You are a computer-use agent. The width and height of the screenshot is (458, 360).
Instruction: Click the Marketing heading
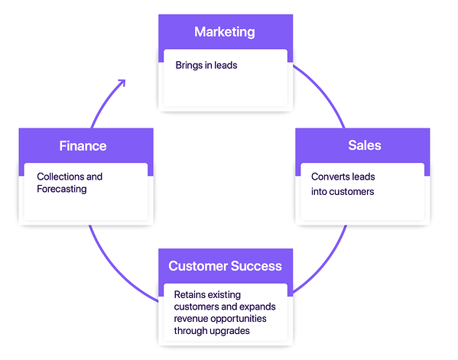click(224, 32)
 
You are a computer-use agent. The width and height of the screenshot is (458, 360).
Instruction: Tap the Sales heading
click(364, 145)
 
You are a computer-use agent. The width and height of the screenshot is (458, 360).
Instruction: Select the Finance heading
click(83, 145)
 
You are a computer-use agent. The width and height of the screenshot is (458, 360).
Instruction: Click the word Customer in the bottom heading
click(197, 266)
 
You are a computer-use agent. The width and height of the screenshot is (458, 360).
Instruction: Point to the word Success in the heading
click(255, 266)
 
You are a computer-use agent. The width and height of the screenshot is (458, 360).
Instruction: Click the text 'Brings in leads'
click(206, 65)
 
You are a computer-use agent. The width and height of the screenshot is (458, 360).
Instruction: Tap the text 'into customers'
click(343, 191)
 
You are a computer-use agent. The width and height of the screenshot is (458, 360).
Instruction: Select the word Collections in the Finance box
click(60, 177)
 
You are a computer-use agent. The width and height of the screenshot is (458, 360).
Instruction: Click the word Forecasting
click(62, 189)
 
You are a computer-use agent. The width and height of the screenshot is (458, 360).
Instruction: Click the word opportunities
click(245, 319)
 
